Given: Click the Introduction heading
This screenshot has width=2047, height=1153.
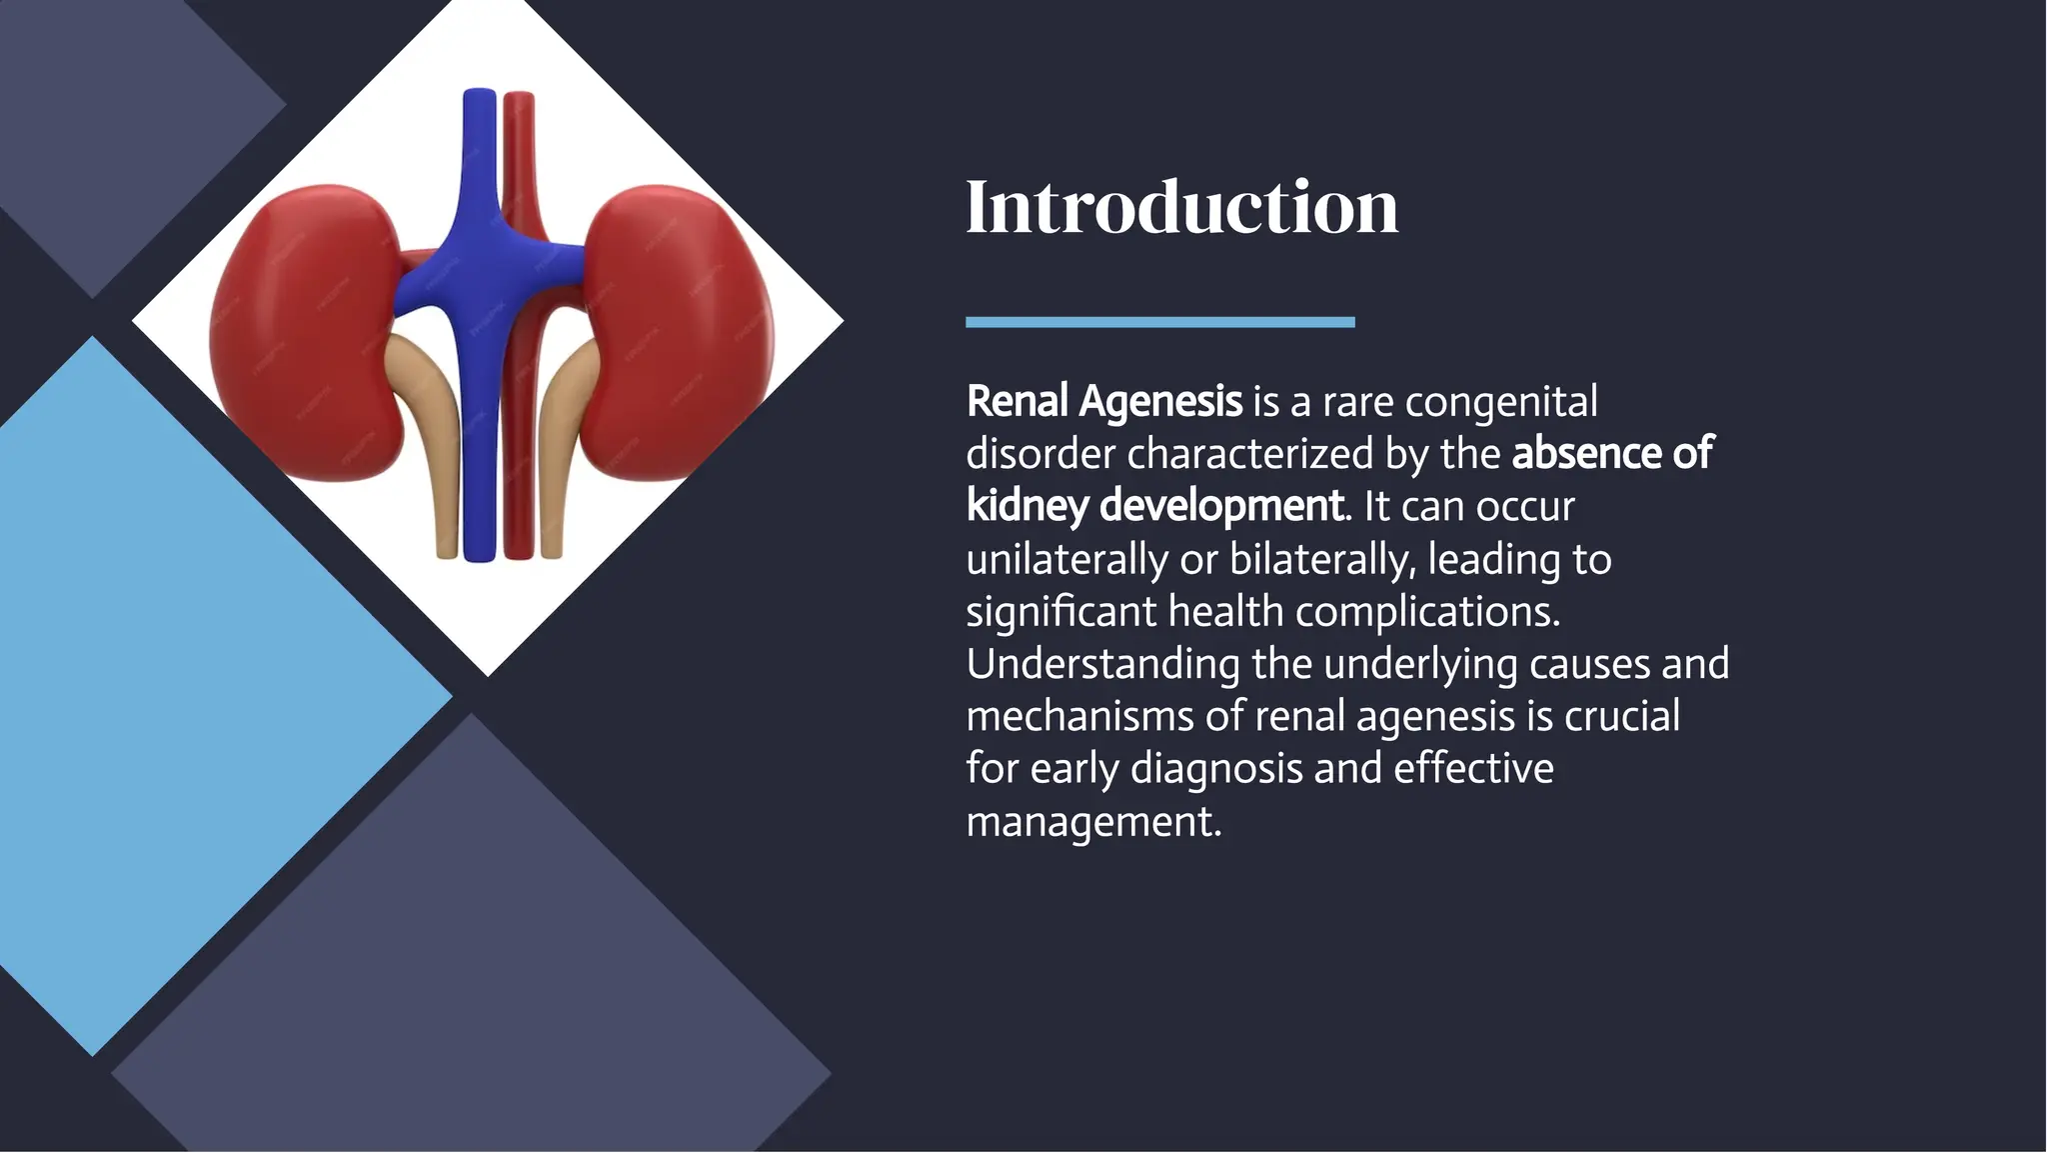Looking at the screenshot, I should coord(1181,207).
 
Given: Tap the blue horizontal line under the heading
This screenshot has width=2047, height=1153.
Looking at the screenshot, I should coord(1159,322).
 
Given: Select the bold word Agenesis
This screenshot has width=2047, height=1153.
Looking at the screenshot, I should coord(1160,402).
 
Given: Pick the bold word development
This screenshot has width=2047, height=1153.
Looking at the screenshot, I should coord(1220,506).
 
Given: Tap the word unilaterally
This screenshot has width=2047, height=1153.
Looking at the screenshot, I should coord(1065,559).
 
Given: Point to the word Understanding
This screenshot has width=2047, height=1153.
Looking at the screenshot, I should coord(1102,664).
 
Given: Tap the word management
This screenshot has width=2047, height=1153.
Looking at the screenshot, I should coord(1092,821).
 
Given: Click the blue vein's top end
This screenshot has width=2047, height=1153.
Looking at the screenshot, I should coord(480,100).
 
